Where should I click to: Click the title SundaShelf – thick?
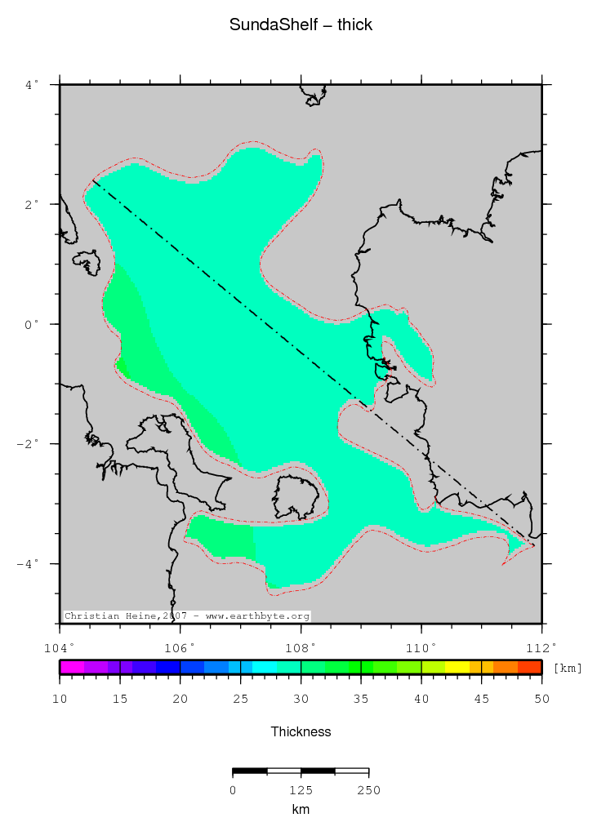click(x=301, y=25)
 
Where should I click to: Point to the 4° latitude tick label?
click(x=31, y=84)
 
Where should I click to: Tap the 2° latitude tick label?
click(x=31, y=204)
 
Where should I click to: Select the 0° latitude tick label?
click(x=31, y=324)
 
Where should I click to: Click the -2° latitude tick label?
click(x=29, y=444)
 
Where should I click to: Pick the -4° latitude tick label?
click(x=29, y=564)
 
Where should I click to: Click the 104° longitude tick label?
click(x=60, y=647)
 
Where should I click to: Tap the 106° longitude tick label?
click(x=180, y=647)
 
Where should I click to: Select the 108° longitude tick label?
click(x=301, y=647)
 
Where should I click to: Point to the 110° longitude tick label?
click(x=421, y=647)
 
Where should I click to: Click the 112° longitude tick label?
click(x=541, y=647)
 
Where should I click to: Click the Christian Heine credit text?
click(x=187, y=616)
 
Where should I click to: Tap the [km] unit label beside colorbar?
click(x=568, y=668)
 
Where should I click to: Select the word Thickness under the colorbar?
click(x=301, y=731)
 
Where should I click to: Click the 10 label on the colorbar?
click(x=60, y=699)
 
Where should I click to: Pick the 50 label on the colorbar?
click(x=541, y=699)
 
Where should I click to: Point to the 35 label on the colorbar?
click(x=361, y=699)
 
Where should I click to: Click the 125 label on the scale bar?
click(x=301, y=790)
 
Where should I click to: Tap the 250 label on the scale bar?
click(x=368, y=790)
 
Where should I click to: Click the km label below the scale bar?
click(x=301, y=810)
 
